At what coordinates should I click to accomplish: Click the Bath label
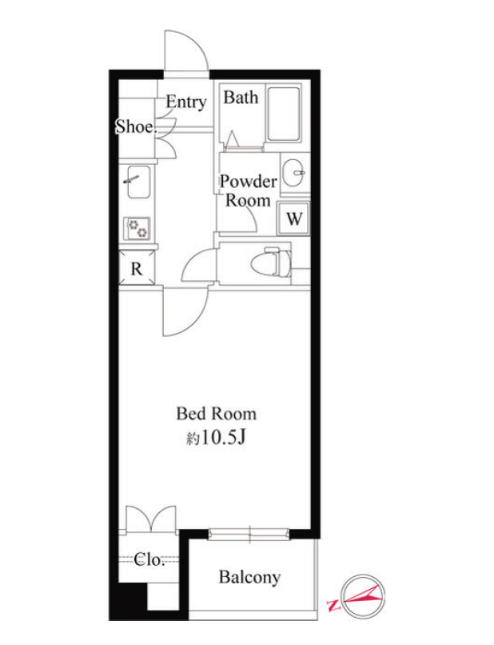coord(241,98)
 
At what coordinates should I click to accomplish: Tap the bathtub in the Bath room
coord(283,114)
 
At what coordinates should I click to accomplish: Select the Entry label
coord(185,102)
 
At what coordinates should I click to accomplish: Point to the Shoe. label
coord(136,126)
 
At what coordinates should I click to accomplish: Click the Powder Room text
coord(248,191)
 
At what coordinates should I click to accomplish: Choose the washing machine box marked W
coord(293,218)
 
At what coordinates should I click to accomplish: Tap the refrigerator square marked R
coord(137,268)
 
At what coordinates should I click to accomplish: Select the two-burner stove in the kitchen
coord(137,228)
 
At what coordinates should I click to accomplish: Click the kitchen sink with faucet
coord(138,182)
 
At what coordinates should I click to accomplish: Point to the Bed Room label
coord(216,414)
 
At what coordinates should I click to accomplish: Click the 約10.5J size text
coord(216,439)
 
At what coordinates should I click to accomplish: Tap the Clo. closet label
coord(149,560)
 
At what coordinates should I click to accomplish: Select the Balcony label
coord(249,577)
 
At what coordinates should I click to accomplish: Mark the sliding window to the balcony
coord(249,534)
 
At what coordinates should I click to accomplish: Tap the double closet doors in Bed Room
coord(151,519)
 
